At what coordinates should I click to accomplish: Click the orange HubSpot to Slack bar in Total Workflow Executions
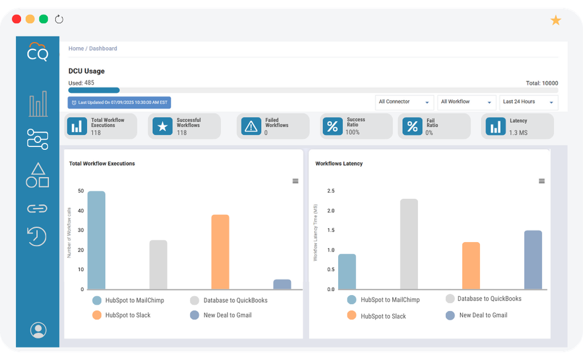(220, 252)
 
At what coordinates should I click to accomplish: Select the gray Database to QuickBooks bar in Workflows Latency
(409, 244)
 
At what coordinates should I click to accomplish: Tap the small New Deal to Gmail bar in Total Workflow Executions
(282, 284)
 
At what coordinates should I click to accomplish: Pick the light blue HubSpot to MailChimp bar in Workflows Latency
(347, 271)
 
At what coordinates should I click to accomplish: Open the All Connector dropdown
(404, 102)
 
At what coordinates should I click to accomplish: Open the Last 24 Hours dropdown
(528, 102)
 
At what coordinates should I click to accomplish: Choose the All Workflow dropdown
(466, 102)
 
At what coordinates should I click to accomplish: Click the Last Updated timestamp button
(120, 102)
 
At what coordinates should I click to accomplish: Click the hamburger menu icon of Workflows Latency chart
(542, 181)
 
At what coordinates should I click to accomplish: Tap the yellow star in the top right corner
(556, 21)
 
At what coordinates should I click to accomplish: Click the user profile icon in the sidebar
(38, 330)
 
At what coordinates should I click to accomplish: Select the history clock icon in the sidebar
(37, 236)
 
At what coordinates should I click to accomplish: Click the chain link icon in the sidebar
(37, 208)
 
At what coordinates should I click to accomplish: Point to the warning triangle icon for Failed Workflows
(251, 126)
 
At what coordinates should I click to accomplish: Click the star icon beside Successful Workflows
(162, 126)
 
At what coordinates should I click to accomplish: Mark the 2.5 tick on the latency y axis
(331, 191)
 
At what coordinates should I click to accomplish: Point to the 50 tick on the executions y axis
(80, 191)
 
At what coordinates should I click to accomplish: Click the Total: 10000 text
(542, 83)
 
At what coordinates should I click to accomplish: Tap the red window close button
(16, 19)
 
